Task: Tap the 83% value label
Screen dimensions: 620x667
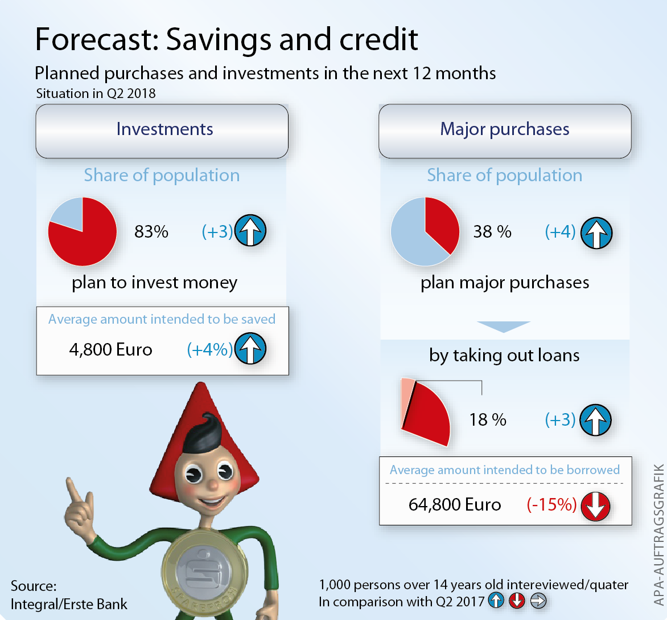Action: (x=151, y=232)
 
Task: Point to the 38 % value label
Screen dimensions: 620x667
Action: (x=492, y=232)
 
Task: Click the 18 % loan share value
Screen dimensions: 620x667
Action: (x=488, y=420)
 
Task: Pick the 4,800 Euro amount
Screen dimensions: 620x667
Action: (x=110, y=349)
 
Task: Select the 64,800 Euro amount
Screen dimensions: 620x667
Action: (x=455, y=505)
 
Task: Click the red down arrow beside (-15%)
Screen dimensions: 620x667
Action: (x=595, y=505)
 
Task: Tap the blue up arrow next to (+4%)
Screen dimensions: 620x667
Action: (x=250, y=349)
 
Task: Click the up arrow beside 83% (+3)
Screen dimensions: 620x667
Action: (x=250, y=231)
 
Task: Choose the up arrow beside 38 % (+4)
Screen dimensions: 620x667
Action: (x=596, y=233)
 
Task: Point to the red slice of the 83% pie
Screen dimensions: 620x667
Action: (x=85, y=242)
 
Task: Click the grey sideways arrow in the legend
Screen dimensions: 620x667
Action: (x=538, y=601)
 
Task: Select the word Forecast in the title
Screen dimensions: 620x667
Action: (x=96, y=39)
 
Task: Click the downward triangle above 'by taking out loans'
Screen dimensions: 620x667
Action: (x=504, y=327)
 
